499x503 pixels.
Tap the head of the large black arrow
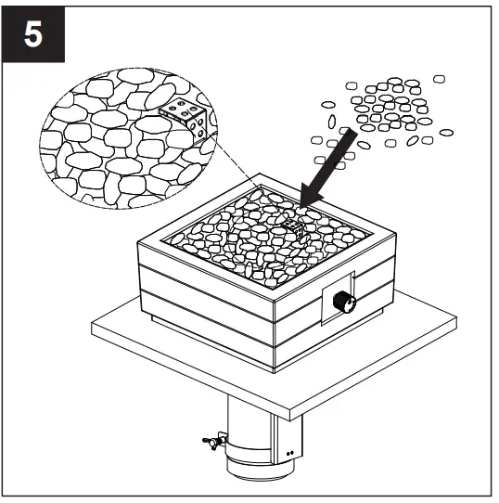308,197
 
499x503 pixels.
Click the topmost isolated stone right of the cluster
439,80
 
